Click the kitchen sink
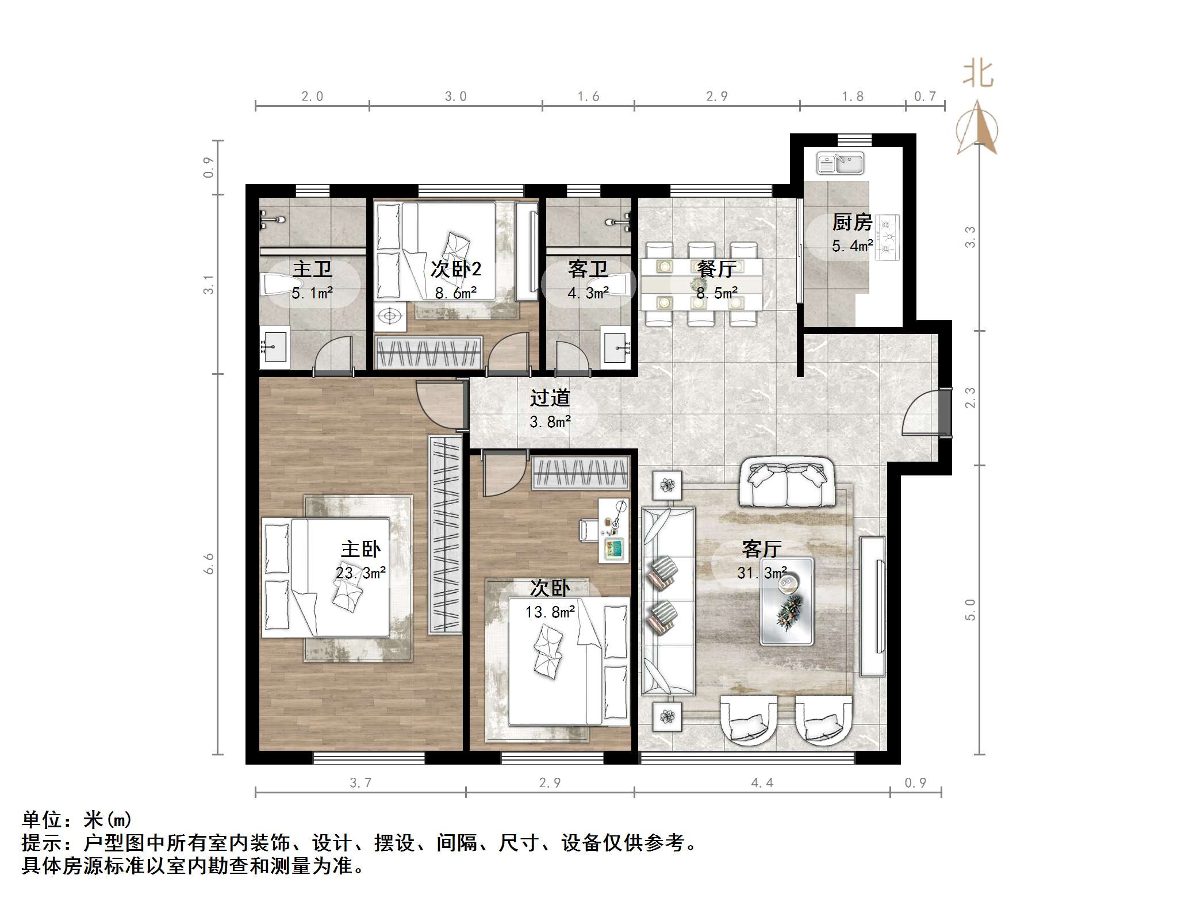coord(840,163)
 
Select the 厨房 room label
coord(852,222)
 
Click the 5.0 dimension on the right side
coord(970,609)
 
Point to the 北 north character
coord(979,74)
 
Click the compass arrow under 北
coord(977,129)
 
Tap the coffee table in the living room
coord(787,601)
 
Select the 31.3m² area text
coord(762,573)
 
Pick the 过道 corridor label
coord(550,398)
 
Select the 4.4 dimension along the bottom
coord(762,782)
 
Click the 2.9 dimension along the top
coord(717,97)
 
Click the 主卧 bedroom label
coord(360,549)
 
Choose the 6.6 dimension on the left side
coord(208,563)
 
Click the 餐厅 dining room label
coord(716,268)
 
